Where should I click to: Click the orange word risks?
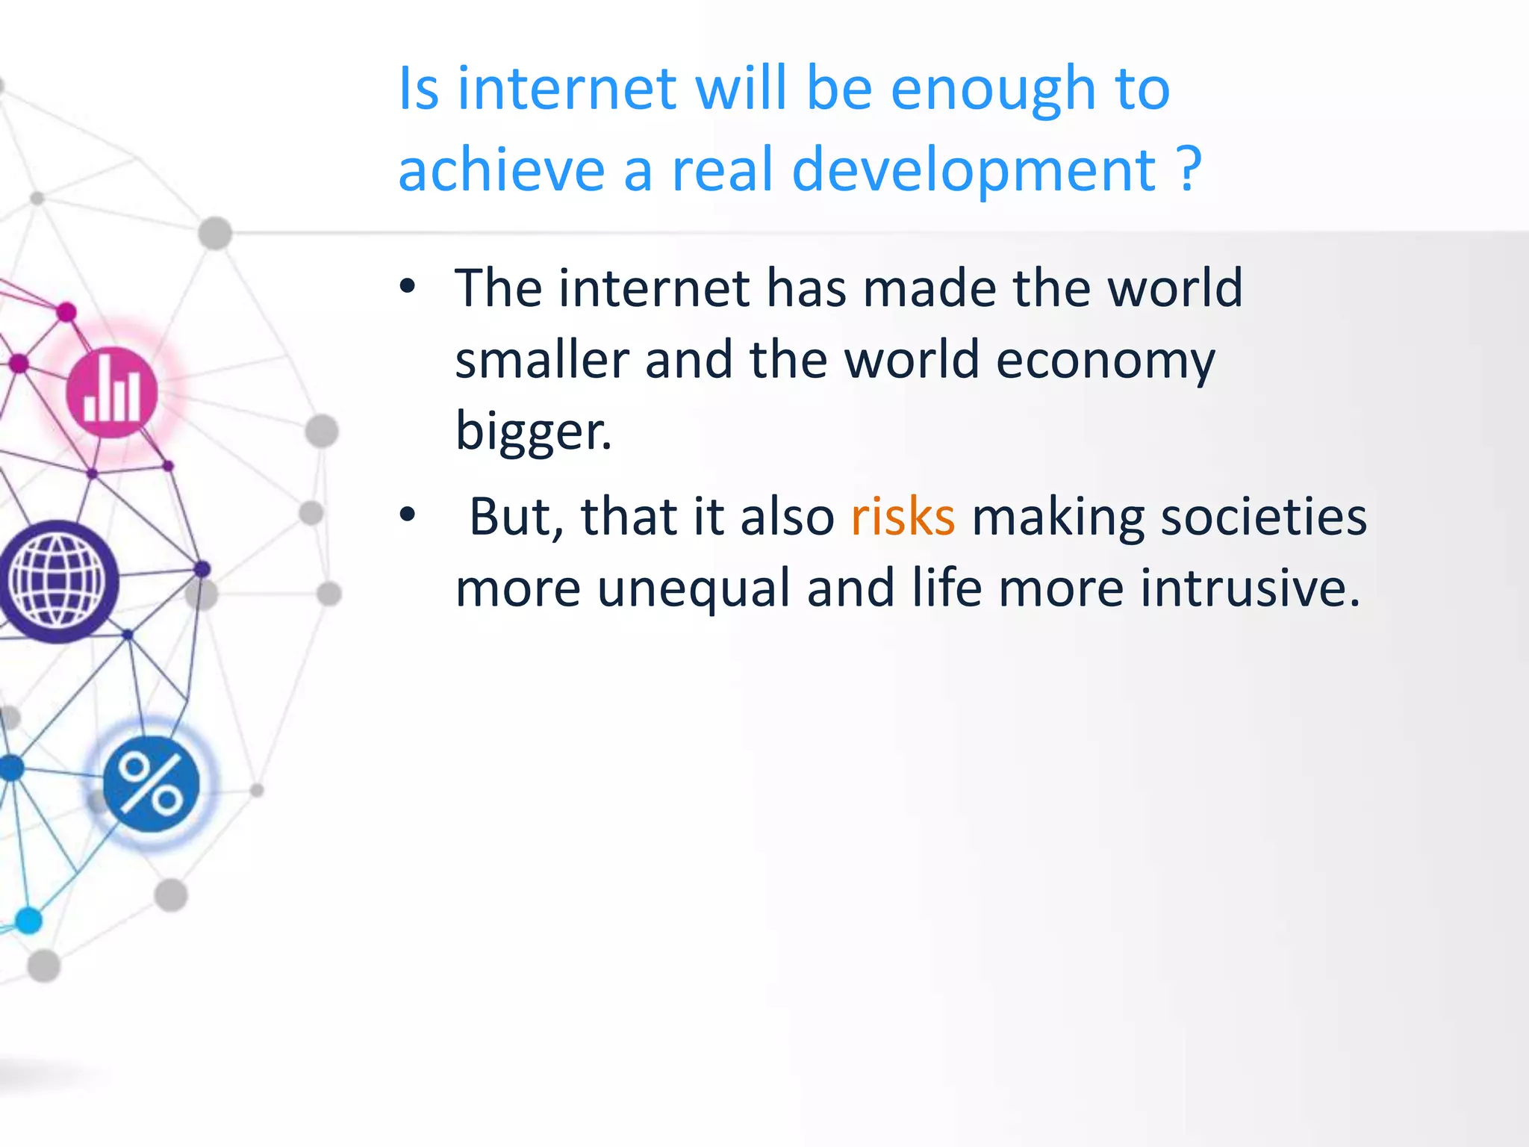coord(903,517)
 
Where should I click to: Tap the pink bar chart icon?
coord(112,392)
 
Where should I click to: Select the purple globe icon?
coord(57,582)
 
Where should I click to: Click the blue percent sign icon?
coord(152,784)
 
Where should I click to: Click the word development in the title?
coord(974,170)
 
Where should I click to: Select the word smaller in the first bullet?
coord(541,361)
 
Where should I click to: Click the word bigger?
coord(532,432)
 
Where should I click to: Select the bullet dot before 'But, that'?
coord(407,515)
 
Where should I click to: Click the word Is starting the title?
coord(418,90)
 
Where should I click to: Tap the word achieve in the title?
coord(501,170)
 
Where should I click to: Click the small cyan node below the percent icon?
coord(29,920)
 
